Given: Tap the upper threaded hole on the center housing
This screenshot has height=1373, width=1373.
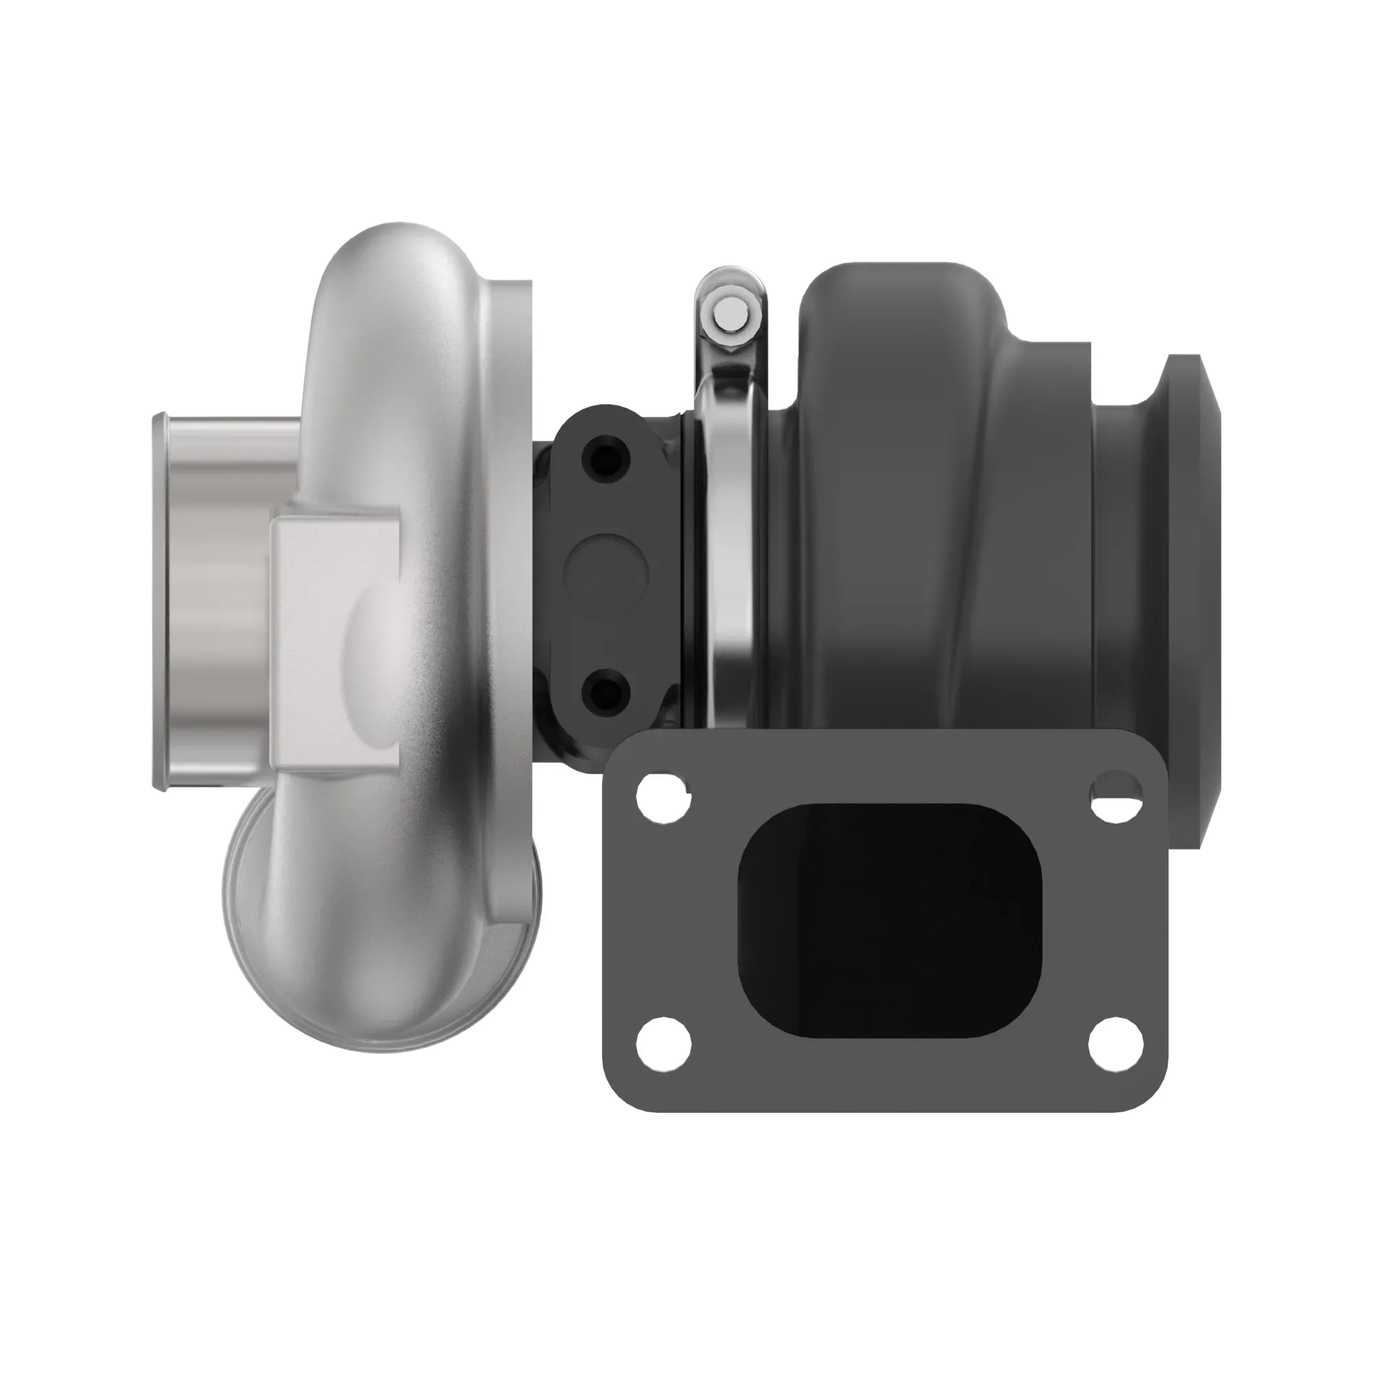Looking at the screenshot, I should click(605, 461).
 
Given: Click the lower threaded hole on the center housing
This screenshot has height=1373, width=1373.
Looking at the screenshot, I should click(605, 693).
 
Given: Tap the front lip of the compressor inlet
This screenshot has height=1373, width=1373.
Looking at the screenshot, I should click(159, 604).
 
